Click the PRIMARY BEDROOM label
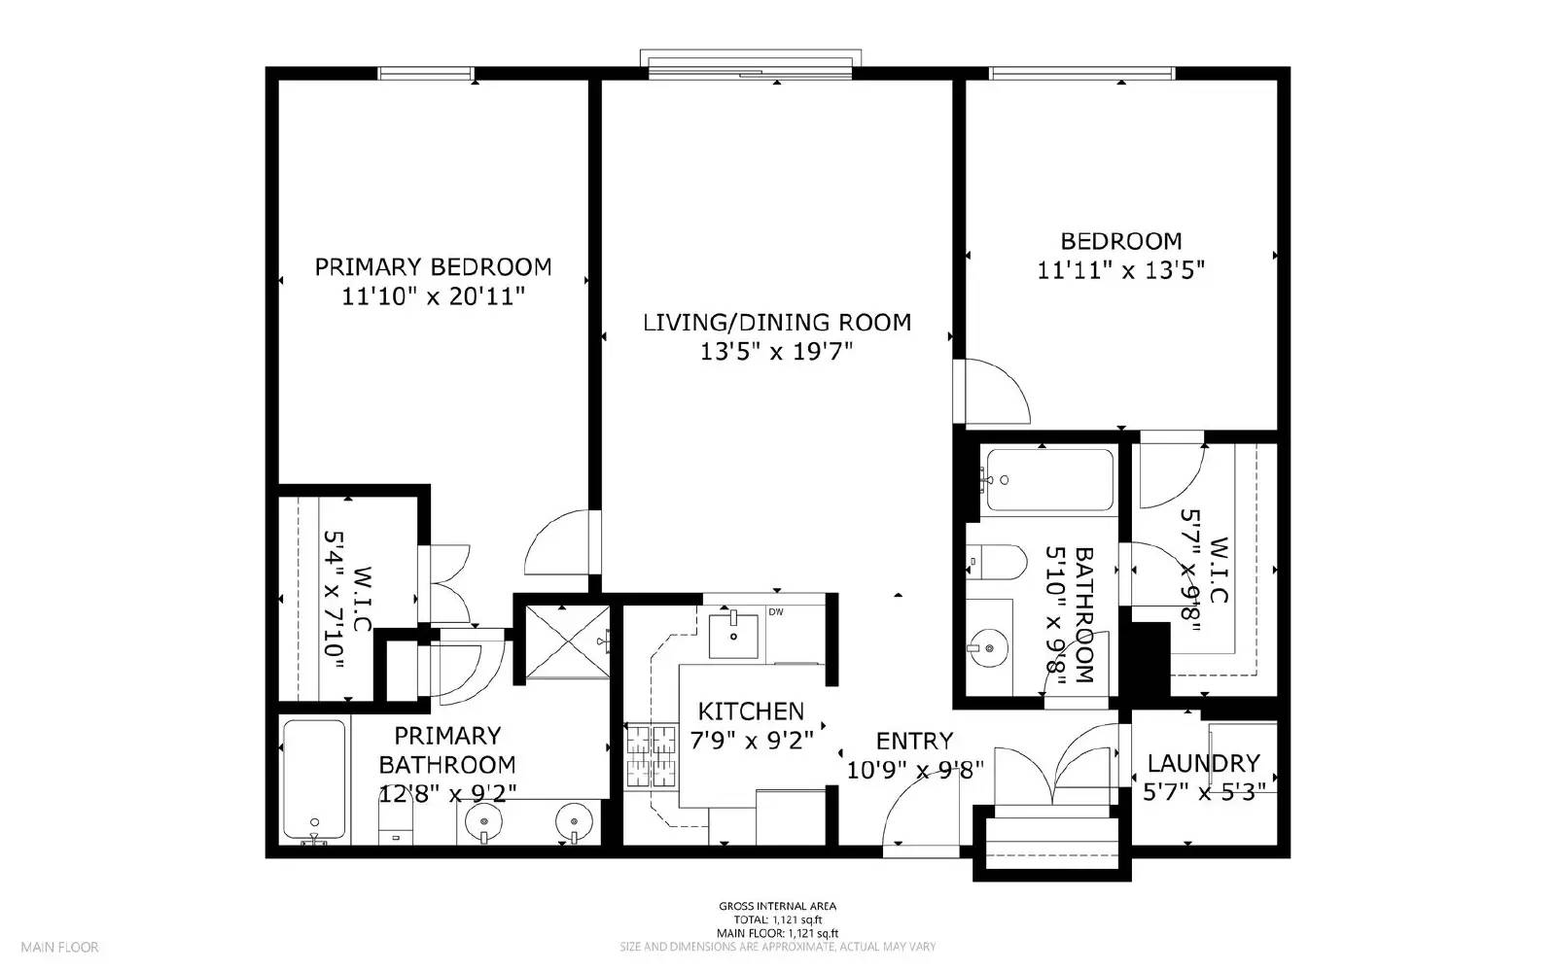click(x=433, y=267)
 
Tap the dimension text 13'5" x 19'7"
click(x=776, y=352)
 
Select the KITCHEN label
click(x=751, y=711)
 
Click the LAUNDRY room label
click(x=1203, y=763)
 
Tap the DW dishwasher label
click(x=776, y=612)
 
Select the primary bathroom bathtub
click(x=313, y=780)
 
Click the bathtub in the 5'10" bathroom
click(x=1048, y=479)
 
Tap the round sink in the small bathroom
click(x=988, y=646)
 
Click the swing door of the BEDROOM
click(x=994, y=392)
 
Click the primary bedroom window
click(x=426, y=73)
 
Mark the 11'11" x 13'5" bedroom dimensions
click(x=1120, y=270)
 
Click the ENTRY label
click(x=914, y=742)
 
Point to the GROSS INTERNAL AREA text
click(x=777, y=906)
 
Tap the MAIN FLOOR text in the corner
click(x=60, y=947)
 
